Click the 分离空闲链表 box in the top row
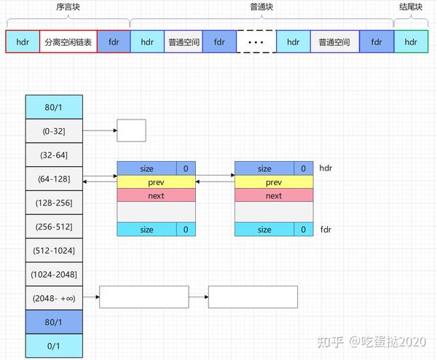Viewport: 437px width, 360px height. tap(68, 42)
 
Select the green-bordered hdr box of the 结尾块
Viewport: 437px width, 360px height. tap(411, 42)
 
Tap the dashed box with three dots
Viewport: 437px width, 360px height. tap(256, 42)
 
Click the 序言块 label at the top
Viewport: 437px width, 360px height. tap(68, 7)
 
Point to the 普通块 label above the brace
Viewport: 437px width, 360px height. tap(261, 7)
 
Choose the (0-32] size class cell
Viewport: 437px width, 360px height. tap(54, 131)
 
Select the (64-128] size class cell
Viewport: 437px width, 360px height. tap(54, 179)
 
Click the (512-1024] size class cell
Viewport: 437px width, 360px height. tap(54, 251)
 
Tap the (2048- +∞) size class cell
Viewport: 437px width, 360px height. tap(54, 298)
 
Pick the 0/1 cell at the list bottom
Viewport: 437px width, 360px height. tap(54, 345)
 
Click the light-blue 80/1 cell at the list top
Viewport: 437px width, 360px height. tap(54, 107)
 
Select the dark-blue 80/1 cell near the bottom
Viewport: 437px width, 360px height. tap(54, 322)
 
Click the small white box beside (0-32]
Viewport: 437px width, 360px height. tap(131, 130)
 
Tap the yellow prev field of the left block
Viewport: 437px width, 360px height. tap(156, 182)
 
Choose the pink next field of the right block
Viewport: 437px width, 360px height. tap(274, 195)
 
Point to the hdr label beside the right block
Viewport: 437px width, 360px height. tap(326, 168)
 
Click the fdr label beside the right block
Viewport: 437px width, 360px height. tap(326, 230)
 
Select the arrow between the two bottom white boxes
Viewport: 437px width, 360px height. tap(198, 297)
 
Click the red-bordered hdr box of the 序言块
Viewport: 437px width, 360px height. tap(23, 42)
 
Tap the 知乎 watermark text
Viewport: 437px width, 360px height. tap(330, 343)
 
